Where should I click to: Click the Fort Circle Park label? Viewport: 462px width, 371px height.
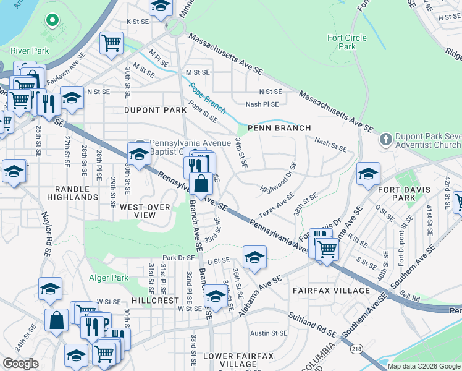(x=346, y=42)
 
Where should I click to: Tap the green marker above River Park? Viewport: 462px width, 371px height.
(x=52, y=20)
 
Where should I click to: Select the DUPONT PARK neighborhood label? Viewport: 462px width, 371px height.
(x=146, y=110)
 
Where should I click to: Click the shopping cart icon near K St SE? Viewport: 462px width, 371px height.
(x=111, y=43)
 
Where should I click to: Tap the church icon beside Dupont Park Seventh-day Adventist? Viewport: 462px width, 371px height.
(x=387, y=137)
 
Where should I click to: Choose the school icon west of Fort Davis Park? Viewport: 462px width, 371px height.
(x=367, y=174)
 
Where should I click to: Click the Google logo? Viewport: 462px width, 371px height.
(x=21, y=364)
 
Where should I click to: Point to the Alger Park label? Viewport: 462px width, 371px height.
(x=109, y=278)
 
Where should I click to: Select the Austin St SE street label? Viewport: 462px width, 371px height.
(x=269, y=333)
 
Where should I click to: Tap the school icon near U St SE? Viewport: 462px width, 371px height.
(x=254, y=257)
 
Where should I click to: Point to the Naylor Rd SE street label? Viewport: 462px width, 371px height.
(x=45, y=234)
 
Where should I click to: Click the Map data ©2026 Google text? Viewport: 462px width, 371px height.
(x=424, y=366)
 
